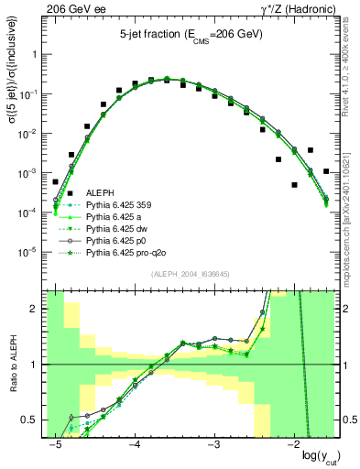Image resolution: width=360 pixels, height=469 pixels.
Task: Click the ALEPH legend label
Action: (x=101, y=192)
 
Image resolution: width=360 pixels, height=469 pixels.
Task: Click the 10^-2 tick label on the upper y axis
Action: (x=31, y=134)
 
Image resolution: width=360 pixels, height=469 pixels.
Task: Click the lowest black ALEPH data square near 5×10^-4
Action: (x=294, y=184)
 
